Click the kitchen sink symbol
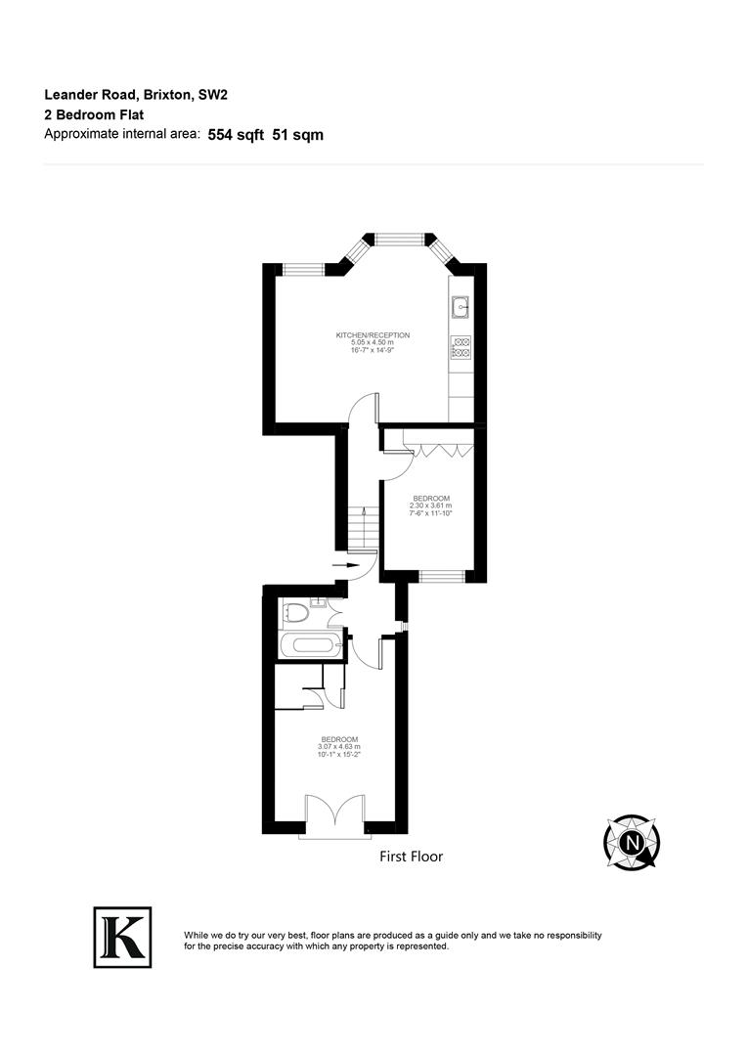click(x=461, y=307)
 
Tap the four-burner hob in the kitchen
click(x=461, y=346)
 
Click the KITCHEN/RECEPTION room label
click(x=373, y=335)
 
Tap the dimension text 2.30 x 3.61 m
click(x=431, y=506)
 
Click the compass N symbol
click(x=633, y=842)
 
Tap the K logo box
click(x=122, y=937)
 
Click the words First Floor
click(x=411, y=857)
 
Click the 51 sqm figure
click(x=298, y=135)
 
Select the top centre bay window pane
click(x=398, y=237)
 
